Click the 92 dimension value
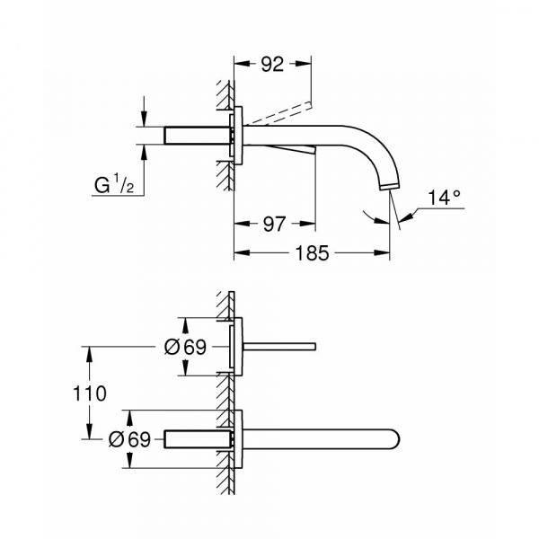[x=272, y=64]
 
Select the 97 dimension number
[x=274, y=224]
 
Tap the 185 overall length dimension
[x=312, y=253]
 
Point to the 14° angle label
[x=444, y=198]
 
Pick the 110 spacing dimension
[x=89, y=393]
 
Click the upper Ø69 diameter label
[x=185, y=347]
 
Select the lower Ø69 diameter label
[x=129, y=439]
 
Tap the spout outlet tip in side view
[x=390, y=188]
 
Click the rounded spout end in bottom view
[x=395, y=439]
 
